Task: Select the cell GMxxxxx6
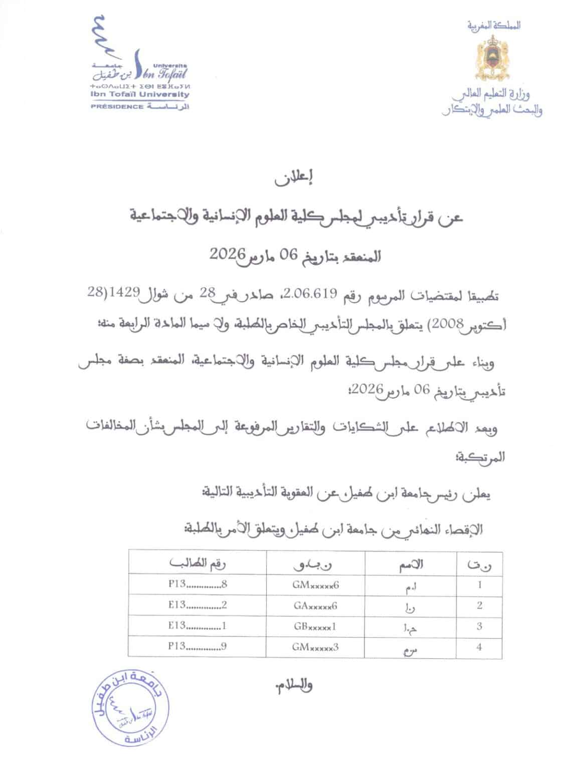coord(315,585)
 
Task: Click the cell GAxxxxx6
coord(315,606)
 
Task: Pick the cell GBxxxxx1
coord(315,626)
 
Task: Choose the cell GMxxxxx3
coord(315,647)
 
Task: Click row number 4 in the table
coord(479,647)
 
